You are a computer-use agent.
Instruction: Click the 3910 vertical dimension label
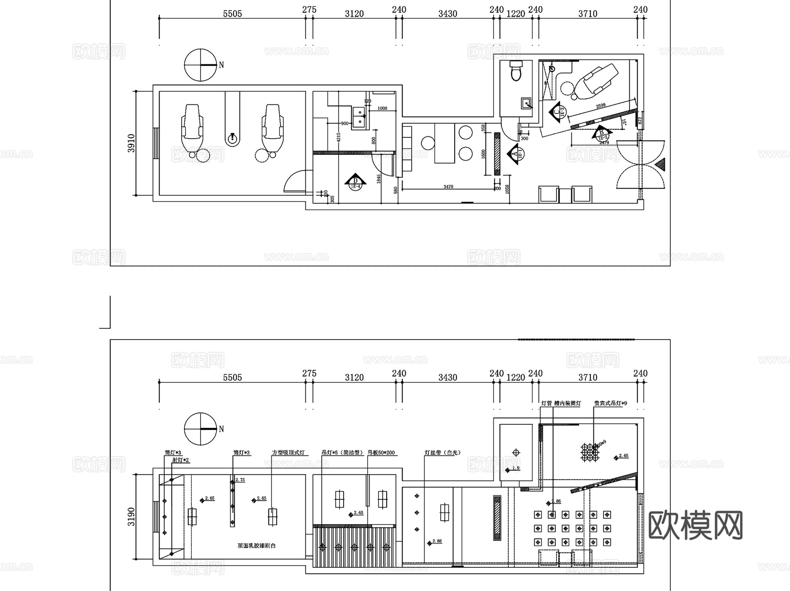131,143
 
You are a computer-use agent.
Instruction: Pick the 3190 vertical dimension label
131,517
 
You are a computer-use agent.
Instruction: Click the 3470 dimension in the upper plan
448,187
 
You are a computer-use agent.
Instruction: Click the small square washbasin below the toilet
526,104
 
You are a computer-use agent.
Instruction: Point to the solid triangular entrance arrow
661,165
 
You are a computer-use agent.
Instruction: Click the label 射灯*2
180,460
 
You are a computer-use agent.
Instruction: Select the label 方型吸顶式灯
288,453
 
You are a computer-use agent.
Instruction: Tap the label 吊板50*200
381,453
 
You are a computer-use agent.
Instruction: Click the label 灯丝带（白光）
442,453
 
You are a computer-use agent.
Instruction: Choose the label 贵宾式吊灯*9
610,403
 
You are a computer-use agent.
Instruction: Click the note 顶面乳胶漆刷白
257,546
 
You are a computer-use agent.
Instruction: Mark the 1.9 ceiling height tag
515,468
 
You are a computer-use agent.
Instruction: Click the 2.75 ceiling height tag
240,480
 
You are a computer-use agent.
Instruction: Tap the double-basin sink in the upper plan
359,117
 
